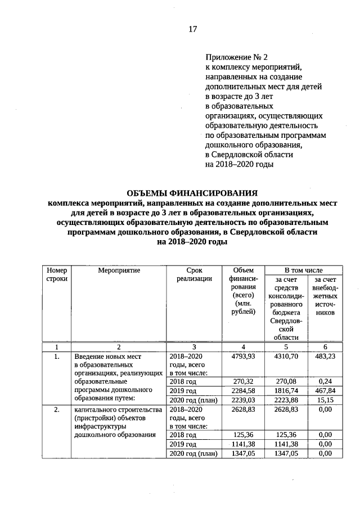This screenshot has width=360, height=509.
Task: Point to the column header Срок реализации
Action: click(193, 275)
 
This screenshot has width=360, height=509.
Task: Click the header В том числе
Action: click(303, 271)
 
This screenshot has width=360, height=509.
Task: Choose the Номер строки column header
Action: click(57, 275)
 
